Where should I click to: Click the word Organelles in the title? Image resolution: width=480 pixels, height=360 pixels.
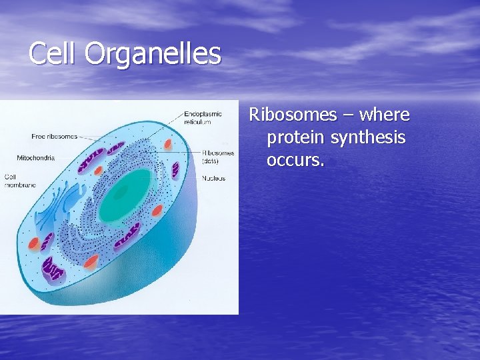click(153, 54)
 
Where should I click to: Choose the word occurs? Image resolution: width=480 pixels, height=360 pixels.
click(295, 160)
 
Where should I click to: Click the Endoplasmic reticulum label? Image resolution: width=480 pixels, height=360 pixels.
click(203, 117)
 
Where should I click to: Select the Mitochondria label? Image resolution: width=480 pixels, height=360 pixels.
click(35, 158)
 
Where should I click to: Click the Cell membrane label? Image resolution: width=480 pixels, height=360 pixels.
click(20, 181)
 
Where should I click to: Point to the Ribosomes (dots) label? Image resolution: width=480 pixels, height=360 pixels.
click(218, 156)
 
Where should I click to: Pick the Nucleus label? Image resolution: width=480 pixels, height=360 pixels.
click(214, 178)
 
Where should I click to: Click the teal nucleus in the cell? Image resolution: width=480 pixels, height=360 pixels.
click(127, 194)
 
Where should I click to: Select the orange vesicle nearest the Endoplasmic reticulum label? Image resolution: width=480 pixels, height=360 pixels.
click(169, 143)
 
